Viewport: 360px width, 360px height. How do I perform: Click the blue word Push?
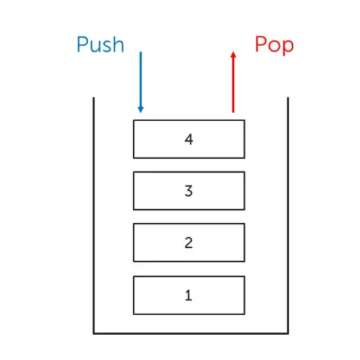(100, 45)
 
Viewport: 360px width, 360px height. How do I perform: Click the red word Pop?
(274, 45)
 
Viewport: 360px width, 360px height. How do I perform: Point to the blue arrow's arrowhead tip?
(141, 112)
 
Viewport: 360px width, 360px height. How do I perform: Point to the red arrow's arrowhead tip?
(233, 51)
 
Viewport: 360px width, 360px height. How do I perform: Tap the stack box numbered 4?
(188, 139)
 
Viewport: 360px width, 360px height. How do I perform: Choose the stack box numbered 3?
(188, 191)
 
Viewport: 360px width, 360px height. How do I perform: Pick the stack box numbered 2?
(188, 243)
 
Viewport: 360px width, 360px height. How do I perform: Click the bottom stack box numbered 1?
(188, 295)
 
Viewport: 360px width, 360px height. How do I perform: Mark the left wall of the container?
(94, 211)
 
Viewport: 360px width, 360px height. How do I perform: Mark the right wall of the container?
(288, 211)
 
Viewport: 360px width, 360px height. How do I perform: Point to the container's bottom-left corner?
(94, 333)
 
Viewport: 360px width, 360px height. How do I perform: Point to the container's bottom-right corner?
(288, 333)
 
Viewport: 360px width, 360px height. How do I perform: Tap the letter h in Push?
(118, 45)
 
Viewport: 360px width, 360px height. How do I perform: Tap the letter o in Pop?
(274, 46)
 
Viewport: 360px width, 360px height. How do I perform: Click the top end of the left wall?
(94, 98)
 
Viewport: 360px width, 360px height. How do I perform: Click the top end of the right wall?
(288, 98)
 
